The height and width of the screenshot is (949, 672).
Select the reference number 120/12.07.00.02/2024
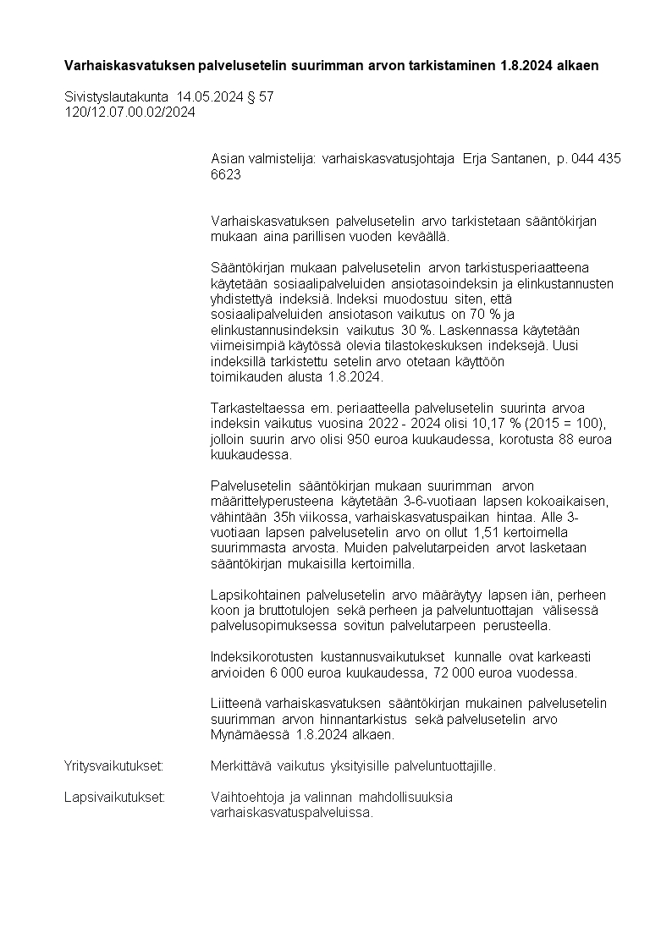click(129, 112)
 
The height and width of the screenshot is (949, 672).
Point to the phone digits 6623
click(225, 174)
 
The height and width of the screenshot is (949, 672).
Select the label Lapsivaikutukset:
click(114, 797)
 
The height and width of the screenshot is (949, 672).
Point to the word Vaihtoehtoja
click(246, 797)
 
